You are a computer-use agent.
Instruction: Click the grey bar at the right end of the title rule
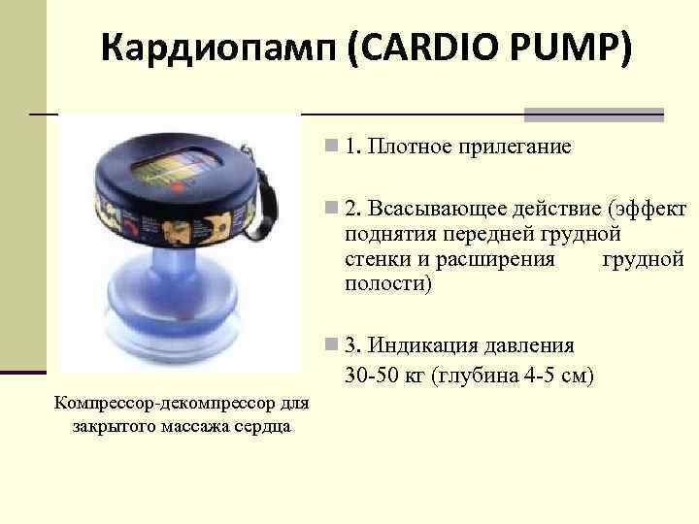(x=593, y=114)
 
